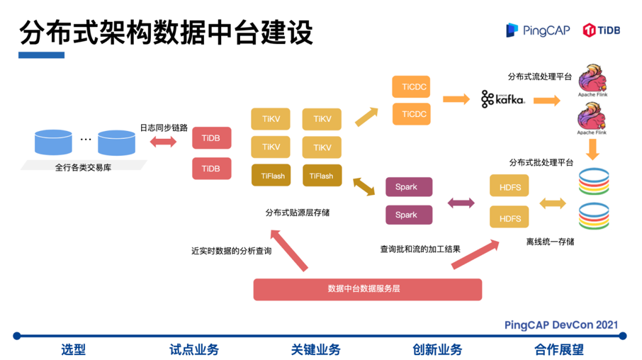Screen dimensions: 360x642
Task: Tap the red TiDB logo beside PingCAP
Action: click(602, 30)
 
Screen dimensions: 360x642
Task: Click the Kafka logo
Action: click(502, 99)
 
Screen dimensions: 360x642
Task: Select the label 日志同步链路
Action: click(164, 128)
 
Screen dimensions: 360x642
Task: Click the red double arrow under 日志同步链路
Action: click(164, 142)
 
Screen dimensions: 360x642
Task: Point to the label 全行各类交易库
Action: click(84, 167)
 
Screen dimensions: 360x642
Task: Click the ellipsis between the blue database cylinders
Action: click(86, 140)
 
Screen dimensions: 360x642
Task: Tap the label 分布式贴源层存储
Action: click(297, 212)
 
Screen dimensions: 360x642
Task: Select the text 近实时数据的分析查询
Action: click(231, 250)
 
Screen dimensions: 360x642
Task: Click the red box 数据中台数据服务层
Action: click(368, 288)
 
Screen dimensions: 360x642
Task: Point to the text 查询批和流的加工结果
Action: click(420, 249)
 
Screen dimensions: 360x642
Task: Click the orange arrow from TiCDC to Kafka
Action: click(456, 99)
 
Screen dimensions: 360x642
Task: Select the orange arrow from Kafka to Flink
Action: click(547, 100)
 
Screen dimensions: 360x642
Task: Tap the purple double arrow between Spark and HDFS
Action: click(461, 203)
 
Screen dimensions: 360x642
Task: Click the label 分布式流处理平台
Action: click(540, 76)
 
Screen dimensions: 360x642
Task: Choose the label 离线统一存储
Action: click(550, 242)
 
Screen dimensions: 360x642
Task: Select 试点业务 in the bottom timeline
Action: click(194, 349)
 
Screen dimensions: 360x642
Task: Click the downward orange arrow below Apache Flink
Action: click(593, 149)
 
